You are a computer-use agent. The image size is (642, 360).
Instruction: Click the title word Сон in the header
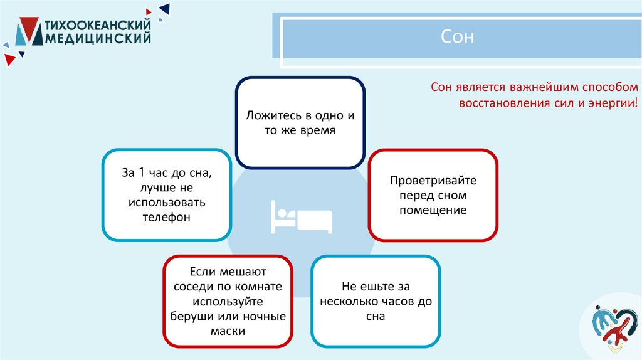click(458, 38)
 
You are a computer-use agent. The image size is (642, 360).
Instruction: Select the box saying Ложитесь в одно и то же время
click(300, 124)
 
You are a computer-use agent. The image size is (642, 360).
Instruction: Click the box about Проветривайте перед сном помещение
click(433, 195)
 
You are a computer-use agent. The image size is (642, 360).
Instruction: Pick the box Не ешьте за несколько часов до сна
click(376, 302)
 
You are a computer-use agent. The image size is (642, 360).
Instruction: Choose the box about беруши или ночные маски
click(228, 302)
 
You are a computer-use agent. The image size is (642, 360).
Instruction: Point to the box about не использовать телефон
click(167, 195)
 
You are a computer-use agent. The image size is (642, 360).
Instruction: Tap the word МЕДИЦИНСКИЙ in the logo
click(99, 39)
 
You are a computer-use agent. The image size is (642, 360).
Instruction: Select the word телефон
click(167, 218)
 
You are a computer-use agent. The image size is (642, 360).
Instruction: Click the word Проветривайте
click(433, 181)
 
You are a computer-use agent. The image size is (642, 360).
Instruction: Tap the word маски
click(228, 331)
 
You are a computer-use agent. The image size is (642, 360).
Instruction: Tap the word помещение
click(433, 211)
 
